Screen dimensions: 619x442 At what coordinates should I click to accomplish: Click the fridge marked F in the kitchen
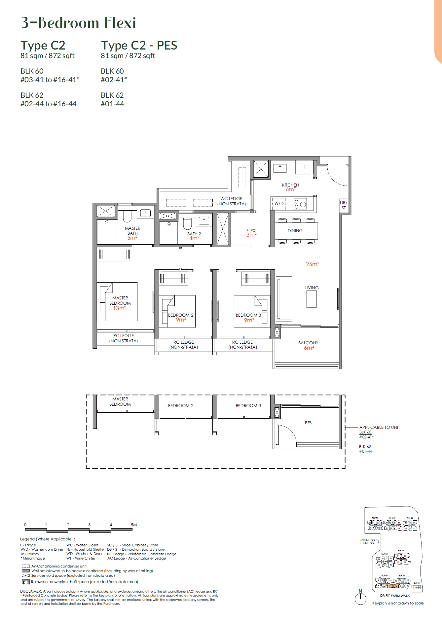(x=305, y=167)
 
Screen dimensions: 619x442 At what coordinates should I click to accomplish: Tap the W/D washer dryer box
(x=279, y=204)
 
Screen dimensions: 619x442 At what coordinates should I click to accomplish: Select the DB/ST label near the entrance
(x=344, y=205)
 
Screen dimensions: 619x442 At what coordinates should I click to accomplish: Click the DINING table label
(x=295, y=231)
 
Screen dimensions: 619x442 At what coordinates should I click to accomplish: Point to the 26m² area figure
(x=312, y=264)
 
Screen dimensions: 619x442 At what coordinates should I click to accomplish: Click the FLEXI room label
(x=251, y=231)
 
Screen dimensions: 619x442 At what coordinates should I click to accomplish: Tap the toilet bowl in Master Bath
(x=127, y=216)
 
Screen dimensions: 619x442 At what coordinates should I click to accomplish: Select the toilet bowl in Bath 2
(x=187, y=224)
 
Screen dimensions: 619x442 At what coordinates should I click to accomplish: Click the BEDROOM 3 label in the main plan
(x=248, y=315)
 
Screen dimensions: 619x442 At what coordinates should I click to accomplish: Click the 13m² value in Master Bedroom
(x=120, y=308)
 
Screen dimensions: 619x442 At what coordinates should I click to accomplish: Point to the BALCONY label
(x=308, y=343)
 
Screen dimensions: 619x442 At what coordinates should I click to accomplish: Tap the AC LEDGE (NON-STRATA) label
(x=231, y=201)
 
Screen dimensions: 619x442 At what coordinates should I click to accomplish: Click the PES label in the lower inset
(x=308, y=423)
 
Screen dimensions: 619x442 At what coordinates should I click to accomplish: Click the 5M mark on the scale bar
(x=133, y=525)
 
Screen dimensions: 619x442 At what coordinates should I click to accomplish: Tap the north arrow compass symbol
(x=360, y=598)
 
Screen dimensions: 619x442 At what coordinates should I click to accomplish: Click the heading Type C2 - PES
(x=139, y=45)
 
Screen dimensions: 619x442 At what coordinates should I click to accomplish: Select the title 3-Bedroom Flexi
(x=78, y=23)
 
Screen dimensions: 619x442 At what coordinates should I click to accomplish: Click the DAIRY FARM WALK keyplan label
(x=395, y=596)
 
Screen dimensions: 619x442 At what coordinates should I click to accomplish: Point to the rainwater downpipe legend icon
(x=25, y=582)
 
